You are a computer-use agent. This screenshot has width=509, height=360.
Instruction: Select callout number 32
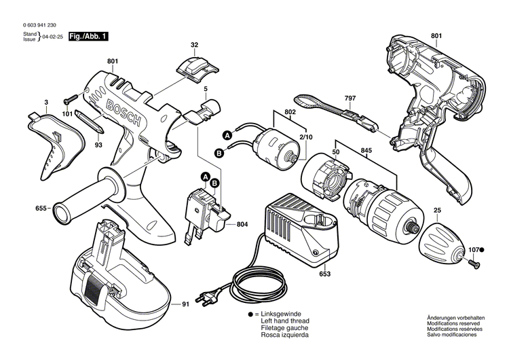point(194,45)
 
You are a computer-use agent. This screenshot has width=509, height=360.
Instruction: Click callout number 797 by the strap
point(350,98)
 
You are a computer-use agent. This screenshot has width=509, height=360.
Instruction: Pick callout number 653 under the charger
point(324,274)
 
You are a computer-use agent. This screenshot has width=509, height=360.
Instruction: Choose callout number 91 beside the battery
point(185,304)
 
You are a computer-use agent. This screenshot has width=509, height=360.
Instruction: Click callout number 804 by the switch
point(243,224)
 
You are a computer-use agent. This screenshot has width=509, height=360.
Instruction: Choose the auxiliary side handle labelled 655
point(88,198)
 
